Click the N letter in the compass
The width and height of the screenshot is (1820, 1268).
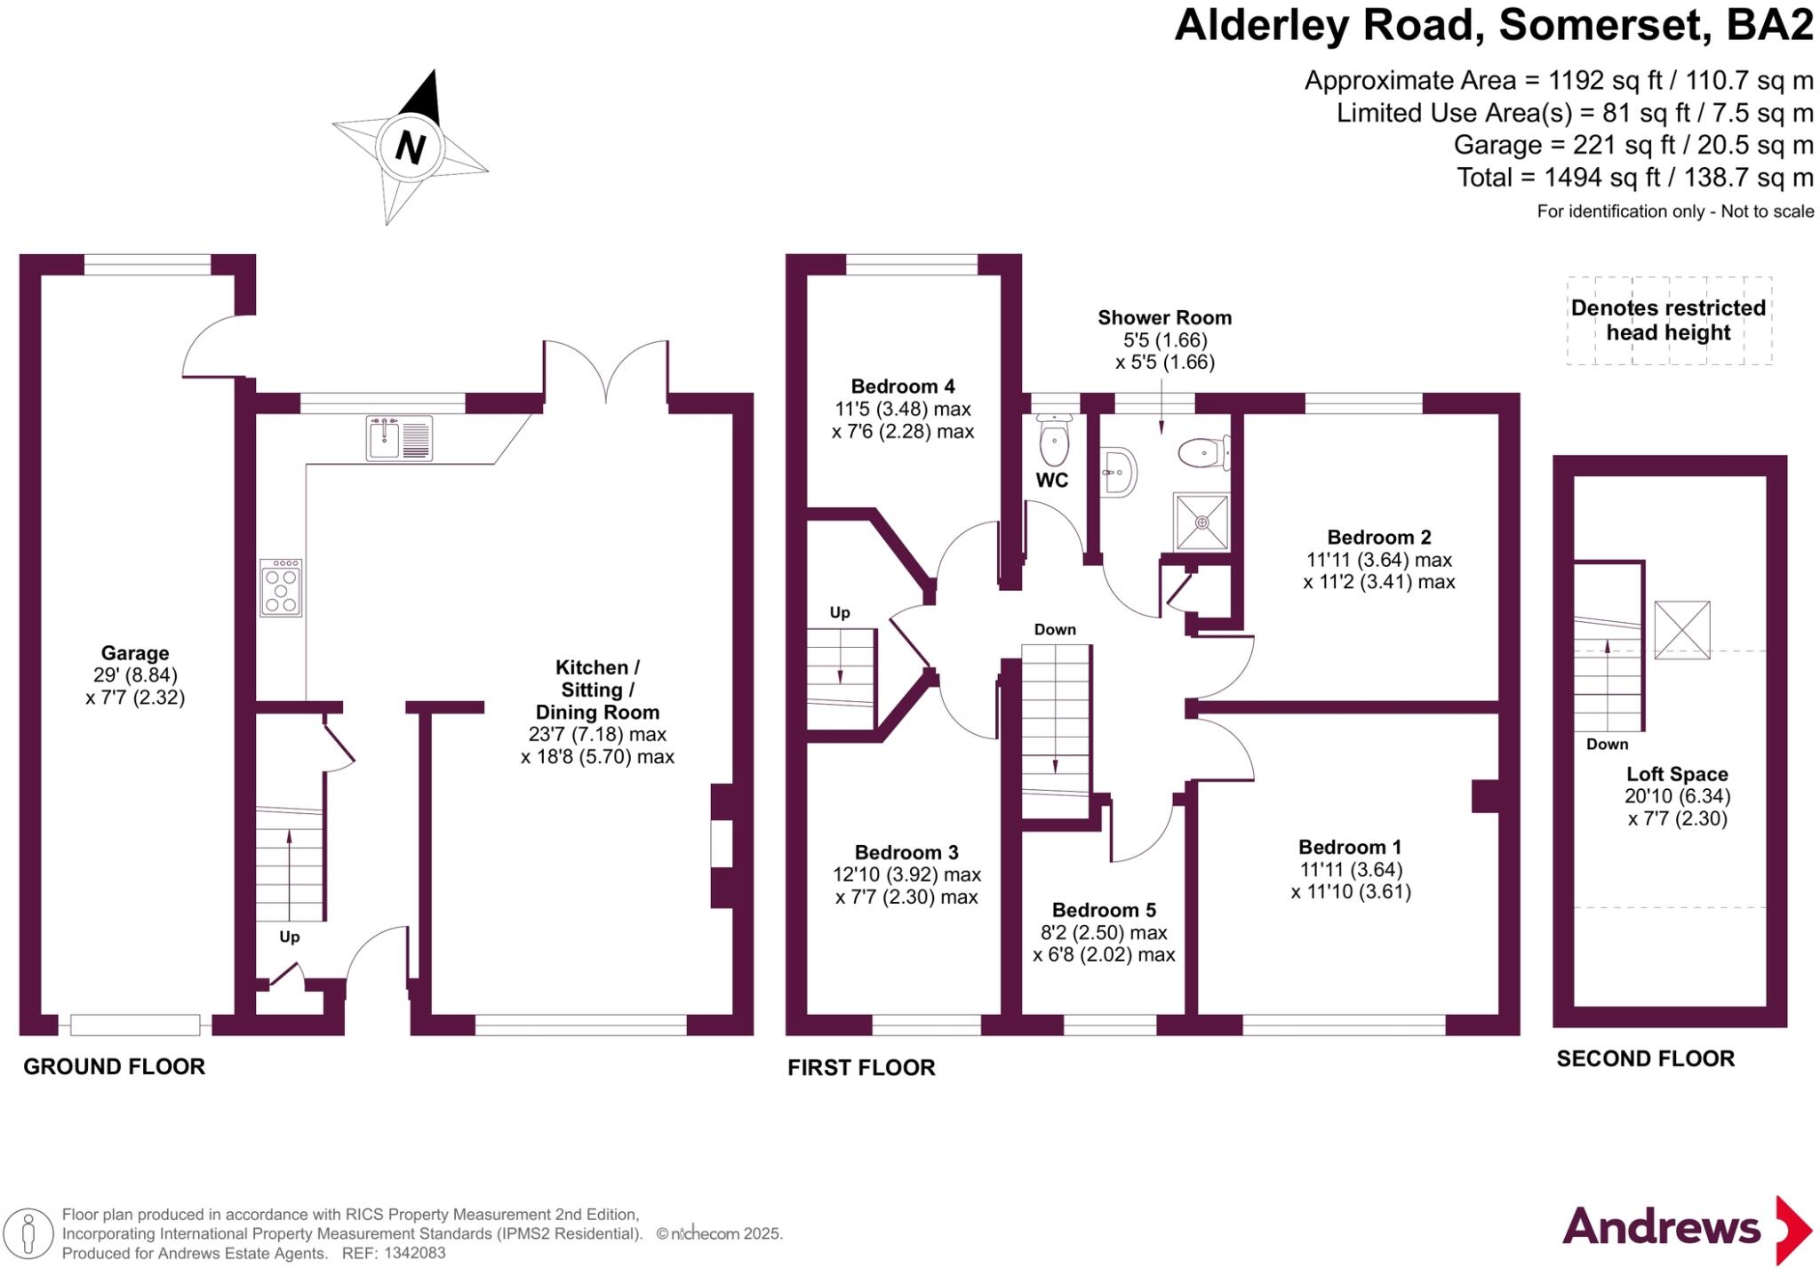pos(410,147)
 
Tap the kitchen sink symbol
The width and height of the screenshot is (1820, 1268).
pos(399,438)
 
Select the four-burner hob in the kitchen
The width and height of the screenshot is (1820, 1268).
pos(281,587)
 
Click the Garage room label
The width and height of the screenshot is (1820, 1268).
pos(134,653)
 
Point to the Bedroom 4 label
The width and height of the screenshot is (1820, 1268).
pos(902,387)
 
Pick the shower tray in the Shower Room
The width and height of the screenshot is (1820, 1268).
pos(1201,522)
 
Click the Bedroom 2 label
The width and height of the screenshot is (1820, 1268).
pos(1378,538)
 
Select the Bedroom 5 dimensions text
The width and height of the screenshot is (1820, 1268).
pos(1104,944)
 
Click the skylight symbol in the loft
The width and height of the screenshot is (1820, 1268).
pos(1681,629)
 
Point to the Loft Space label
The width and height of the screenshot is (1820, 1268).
pos(1677,774)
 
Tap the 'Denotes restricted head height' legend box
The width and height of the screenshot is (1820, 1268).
pos(1668,321)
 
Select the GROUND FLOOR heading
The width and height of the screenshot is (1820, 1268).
pos(114,1066)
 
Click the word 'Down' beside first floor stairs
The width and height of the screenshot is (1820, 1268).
pos(1055,629)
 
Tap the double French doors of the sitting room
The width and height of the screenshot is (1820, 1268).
pos(605,373)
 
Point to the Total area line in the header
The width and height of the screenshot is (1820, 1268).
pos(1634,178)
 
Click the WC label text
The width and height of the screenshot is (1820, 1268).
pos(1051,481)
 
